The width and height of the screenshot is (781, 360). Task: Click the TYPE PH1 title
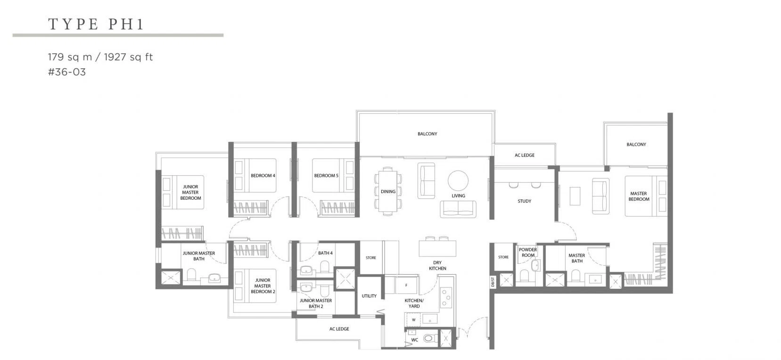coord(96,24)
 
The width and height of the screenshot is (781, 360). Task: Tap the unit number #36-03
coord(67,72)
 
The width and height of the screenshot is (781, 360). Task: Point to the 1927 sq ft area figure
coord(128,57)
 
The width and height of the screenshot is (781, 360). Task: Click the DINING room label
coord(388,191)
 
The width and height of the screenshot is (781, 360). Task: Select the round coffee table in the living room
coord(458,180)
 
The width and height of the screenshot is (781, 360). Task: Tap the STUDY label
coord(525,201)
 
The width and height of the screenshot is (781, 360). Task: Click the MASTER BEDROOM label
coord(639,196)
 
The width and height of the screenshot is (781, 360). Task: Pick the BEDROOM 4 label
coord(263,176)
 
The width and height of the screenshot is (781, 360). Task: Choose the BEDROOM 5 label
coord(326,176)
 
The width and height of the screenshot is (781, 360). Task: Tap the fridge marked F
coord(406,285)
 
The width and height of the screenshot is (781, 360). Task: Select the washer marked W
coord(413,319)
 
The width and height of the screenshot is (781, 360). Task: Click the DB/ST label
coord(493,282)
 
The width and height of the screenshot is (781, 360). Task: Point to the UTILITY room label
coord(369,296)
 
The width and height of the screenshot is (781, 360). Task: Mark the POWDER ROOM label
coord(528,252)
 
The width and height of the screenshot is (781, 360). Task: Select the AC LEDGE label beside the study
coord(525,155)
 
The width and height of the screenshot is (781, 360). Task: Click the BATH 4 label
coord(325,253)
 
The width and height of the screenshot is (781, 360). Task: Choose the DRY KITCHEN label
coord(437,266)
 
